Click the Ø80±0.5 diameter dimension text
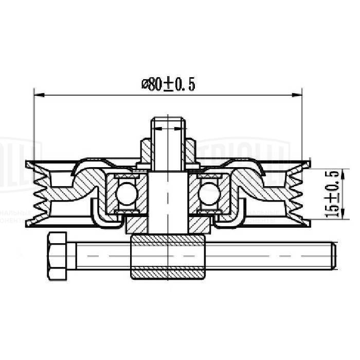pos(168,84)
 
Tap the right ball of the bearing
pos(209,194)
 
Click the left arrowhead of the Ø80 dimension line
pos(39,95)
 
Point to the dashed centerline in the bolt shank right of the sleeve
pos(267,256)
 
